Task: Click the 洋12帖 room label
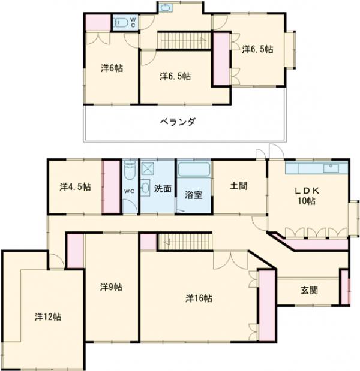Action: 47,317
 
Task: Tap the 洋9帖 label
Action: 112,287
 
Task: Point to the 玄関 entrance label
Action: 309,290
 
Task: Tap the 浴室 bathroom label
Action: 193,195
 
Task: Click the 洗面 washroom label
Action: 163,188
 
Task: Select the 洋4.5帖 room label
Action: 75,186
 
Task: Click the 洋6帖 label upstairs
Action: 112,68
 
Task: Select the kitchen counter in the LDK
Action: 316,167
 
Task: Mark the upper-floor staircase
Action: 177,40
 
